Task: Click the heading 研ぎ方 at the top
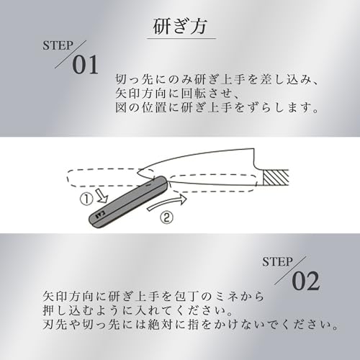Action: coord(180,27)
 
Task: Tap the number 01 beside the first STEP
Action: coord(86,65)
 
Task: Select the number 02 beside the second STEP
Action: coord(306,281)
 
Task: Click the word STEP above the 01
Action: coord(58,45)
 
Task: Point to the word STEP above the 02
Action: coord(277,262)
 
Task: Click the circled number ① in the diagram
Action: coord(86,199)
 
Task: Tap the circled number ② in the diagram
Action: coord(166,218)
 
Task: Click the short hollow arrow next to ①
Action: coord(102,194)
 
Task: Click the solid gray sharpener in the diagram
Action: coord(127,201)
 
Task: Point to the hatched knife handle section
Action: coord(276,178)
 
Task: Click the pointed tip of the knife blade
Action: coord(138,172)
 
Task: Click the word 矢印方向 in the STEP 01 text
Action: coord(141,94)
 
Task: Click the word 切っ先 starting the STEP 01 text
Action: coord(135,80)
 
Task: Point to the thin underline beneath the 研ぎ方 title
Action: coord(181,38)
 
